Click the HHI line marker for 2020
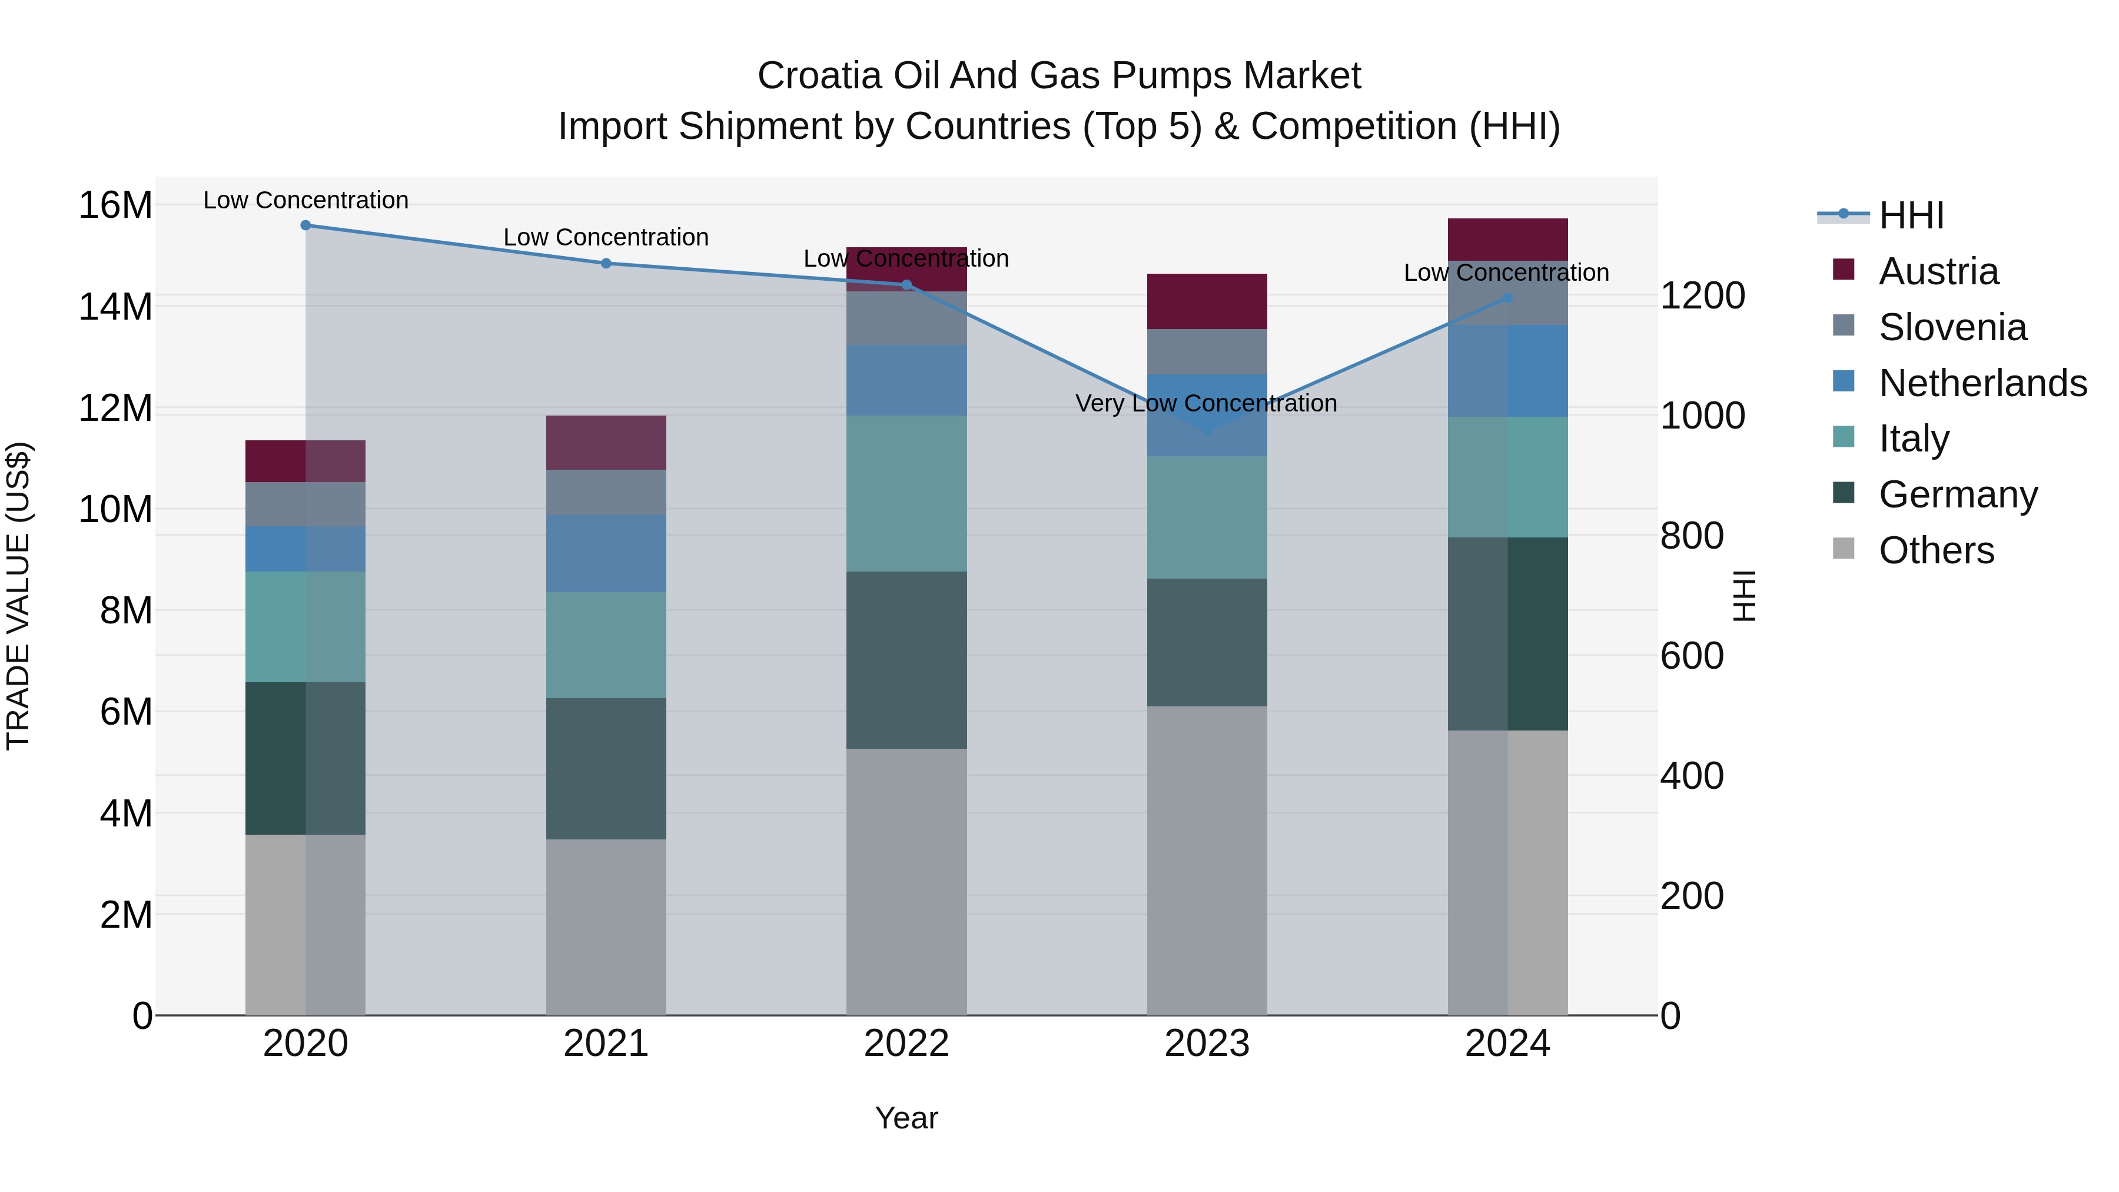(305, 225)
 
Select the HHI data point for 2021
(606, 263)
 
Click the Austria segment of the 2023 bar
(1207, 301)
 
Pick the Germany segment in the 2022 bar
(906, 660)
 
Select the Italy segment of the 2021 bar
(606, 645)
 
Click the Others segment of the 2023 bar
(1207, 859)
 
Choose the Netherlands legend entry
(1982, 383)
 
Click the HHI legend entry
(1911, 215)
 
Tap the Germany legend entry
(1958, 494)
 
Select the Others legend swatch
(1844, 549)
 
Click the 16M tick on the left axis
(115, 205)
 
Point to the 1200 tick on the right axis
(1702, 296)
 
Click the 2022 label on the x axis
(906, 1044)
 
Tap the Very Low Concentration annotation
(1206, 403)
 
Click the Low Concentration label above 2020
(305, 200)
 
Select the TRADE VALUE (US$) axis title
(18, 596)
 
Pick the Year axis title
(906, 1118)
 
